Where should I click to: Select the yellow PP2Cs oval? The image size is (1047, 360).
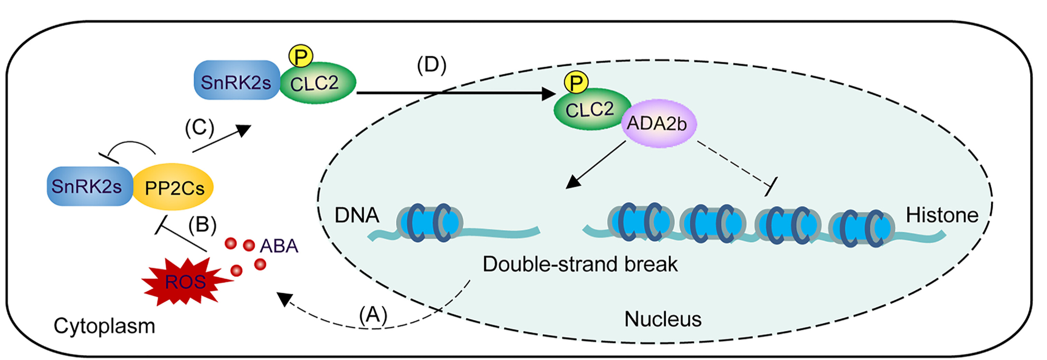(173, 187)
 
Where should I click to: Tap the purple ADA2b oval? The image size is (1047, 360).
(658, 123)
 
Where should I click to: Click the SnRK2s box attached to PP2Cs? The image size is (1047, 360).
(88, 186)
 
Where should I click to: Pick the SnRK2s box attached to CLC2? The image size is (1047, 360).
(236, 81)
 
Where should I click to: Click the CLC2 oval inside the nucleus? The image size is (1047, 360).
(588, 110)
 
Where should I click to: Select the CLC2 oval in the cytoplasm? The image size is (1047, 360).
(316, 83)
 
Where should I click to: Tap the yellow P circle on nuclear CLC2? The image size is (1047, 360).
(576, 82)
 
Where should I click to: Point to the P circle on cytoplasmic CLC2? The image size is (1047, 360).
(301, 56)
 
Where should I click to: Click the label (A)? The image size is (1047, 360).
(373, 314)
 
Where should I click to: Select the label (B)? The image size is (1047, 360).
(202, 224)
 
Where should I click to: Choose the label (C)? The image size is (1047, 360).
(199, 128)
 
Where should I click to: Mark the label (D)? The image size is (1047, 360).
(431, 65)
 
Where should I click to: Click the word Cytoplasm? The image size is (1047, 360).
(104, 326)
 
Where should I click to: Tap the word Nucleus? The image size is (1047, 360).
(663, 319)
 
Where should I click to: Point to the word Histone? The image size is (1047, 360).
(942, 215)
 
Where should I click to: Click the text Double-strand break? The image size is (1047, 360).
(580, 264)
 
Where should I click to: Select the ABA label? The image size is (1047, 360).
(279, 245)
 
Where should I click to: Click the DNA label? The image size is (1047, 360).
(357, 215)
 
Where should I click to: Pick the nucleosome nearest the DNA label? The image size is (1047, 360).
(429, 222)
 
